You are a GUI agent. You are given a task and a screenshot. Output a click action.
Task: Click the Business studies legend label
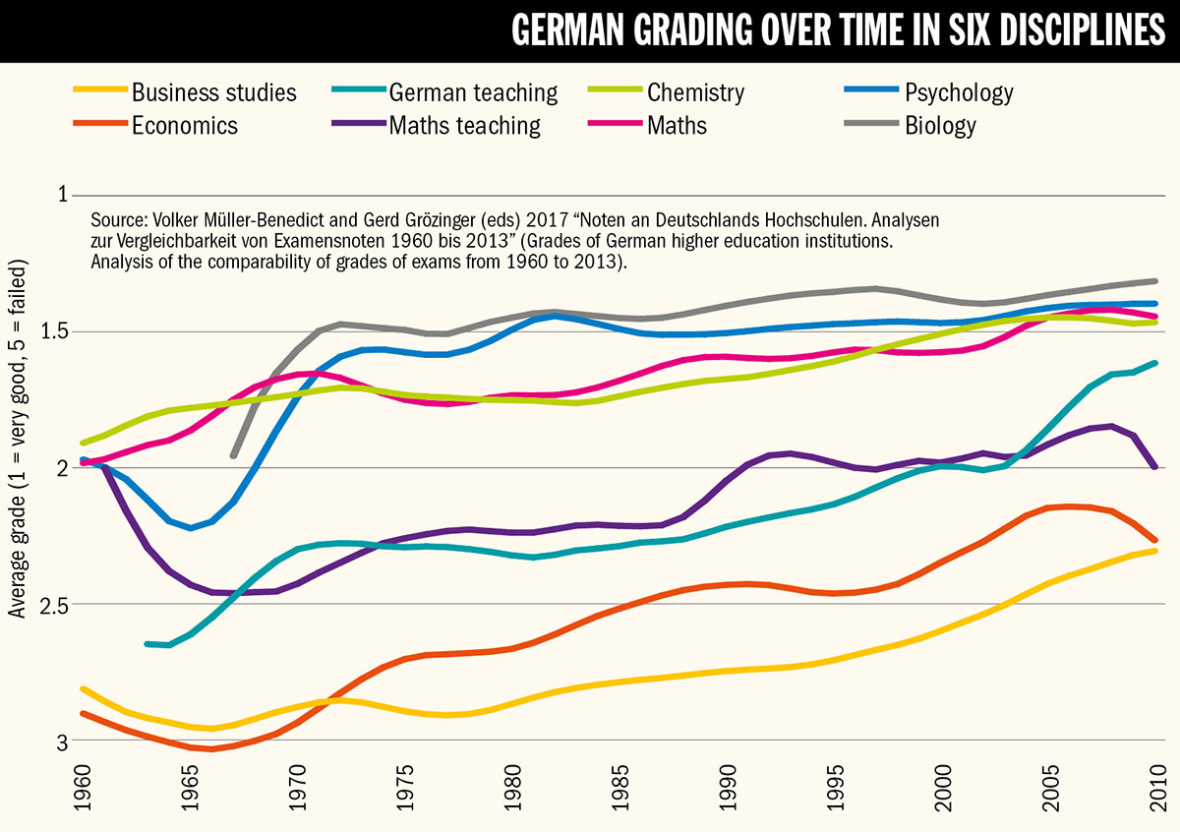[x=213, y=93]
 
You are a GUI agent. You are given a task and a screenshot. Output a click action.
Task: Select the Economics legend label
[x=185, y=126]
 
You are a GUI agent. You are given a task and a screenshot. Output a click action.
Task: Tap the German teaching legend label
[x=473, y=93]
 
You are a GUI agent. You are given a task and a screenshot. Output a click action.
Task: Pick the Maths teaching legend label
[x=464, y=126]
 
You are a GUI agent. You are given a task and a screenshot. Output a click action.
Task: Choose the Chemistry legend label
[x=695, y=93]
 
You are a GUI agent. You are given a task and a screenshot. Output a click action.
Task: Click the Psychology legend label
[x=959, y=93]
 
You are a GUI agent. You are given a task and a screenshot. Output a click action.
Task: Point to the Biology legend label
[x=940, y=126]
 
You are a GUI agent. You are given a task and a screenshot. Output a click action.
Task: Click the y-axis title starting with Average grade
[x=18, y=439]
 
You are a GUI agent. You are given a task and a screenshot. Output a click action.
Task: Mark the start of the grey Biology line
[x=233, y=455]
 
